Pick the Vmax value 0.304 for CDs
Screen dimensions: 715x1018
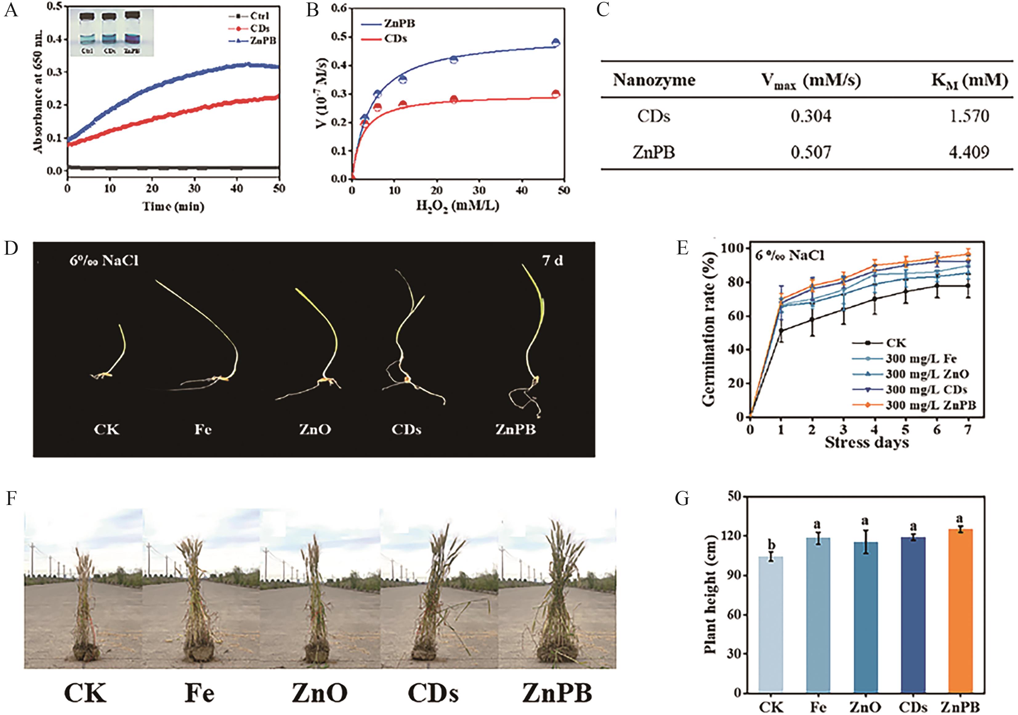point(811,116)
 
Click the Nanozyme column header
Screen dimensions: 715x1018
point(654,80)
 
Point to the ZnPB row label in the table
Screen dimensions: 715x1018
point(654,152)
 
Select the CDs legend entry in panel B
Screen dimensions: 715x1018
point(395,38)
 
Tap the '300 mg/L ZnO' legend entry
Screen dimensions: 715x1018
point(927,374)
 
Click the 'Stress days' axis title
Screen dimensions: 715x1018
point(867,442)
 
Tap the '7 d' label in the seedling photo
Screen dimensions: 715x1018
point(552,260)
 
